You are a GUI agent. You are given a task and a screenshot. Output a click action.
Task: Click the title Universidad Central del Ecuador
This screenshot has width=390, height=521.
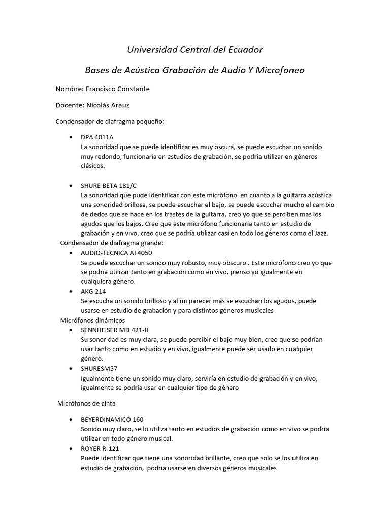pos(194,50)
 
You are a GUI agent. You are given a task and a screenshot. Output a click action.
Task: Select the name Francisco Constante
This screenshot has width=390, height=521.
pos(117,89)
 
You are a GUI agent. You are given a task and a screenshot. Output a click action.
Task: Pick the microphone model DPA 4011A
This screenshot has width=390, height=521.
pos(97,137)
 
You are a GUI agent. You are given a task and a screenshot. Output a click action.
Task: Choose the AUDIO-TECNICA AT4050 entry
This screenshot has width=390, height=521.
pos(116,252)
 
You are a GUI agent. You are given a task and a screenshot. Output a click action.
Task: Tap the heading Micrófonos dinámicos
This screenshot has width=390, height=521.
pos(92,320)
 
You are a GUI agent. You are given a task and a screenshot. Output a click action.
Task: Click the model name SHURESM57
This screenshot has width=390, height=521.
pos(102,368)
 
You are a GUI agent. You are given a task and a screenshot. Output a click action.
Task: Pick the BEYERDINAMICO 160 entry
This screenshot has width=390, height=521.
pos(112,419)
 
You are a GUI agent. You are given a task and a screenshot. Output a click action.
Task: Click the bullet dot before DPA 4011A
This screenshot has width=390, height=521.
pos(69,138)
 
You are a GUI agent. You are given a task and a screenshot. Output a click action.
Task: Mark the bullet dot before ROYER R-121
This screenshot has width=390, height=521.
pos(69,449)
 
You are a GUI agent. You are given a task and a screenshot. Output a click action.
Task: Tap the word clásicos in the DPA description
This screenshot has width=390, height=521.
pos(93,166)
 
